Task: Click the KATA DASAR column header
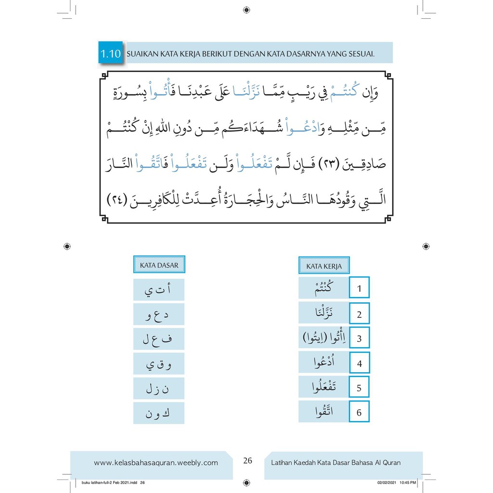point(159,265)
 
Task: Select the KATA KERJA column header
point(324,266)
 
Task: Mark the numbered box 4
point(359,363)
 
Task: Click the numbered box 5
point(359,388)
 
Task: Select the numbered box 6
point(359,413)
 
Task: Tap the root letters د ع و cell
point(158,315)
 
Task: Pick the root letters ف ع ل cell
point(158,340)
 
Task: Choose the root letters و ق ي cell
point(158,364)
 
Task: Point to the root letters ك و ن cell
point(158,413)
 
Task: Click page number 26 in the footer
point(247,461)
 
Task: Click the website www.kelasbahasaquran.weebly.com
point(156,463)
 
